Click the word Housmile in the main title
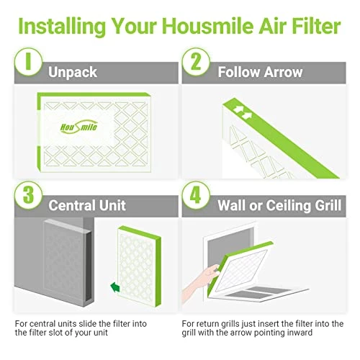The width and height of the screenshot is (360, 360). (x=207, y=26)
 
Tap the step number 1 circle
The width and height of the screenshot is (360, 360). (x=28, y=62)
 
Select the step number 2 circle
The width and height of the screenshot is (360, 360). (x=196, y=62)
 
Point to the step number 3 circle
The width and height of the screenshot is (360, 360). (x=28, y=195)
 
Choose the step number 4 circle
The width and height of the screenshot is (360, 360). (x=196, y=195)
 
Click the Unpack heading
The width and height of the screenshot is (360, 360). (x=73, y=73)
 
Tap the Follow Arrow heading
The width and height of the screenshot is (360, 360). (x=260, y=72)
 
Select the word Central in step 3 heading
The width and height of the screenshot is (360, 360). (x=72, y=205)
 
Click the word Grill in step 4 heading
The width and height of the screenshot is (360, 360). (x=328, y=205)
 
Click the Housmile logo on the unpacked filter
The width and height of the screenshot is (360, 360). (x=78, y=127)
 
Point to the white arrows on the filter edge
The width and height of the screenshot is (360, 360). (x=243, y=112)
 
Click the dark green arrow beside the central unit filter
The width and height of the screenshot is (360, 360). (x=115, y=287)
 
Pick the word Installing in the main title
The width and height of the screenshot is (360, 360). (x=62, y=27)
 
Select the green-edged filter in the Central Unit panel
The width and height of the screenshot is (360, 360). (x=139, y=266)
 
